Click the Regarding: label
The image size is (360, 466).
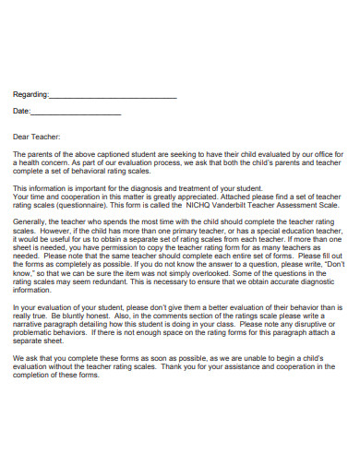pos(29,94)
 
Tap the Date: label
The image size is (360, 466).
pos(21,111)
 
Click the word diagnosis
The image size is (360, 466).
pos(153,187)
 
